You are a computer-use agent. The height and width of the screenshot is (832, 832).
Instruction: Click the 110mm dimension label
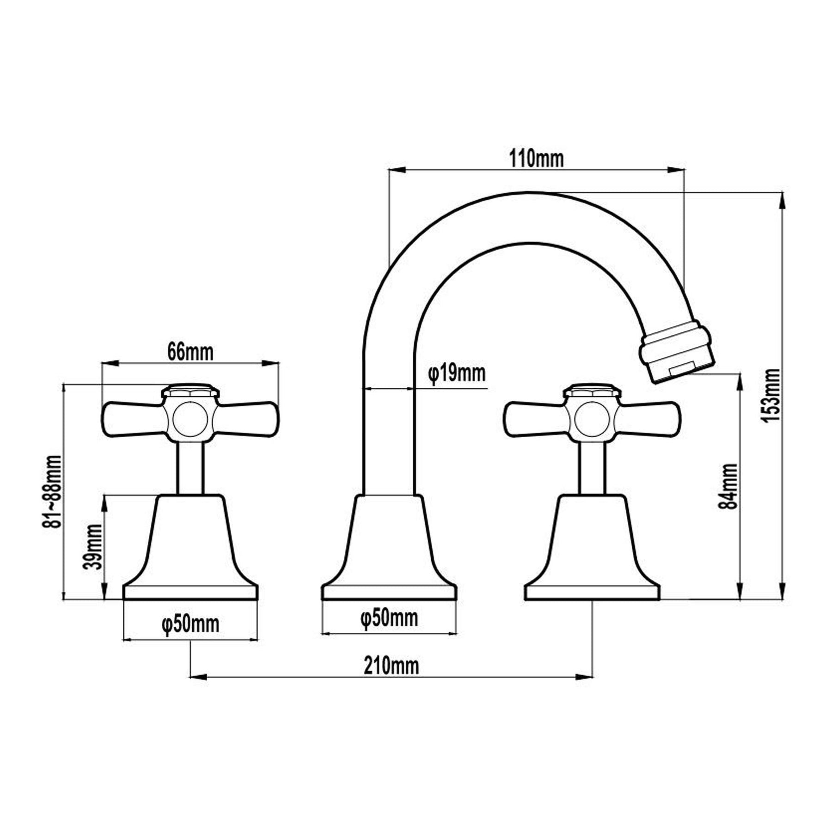click(x=536, y=159)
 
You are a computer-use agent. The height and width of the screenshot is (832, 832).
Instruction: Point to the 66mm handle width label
click(x=190, y=352)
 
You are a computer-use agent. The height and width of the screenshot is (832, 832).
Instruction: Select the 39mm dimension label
click(x=94, y=547)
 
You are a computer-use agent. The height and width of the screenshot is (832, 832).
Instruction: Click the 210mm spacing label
click(x=391, y=666)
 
